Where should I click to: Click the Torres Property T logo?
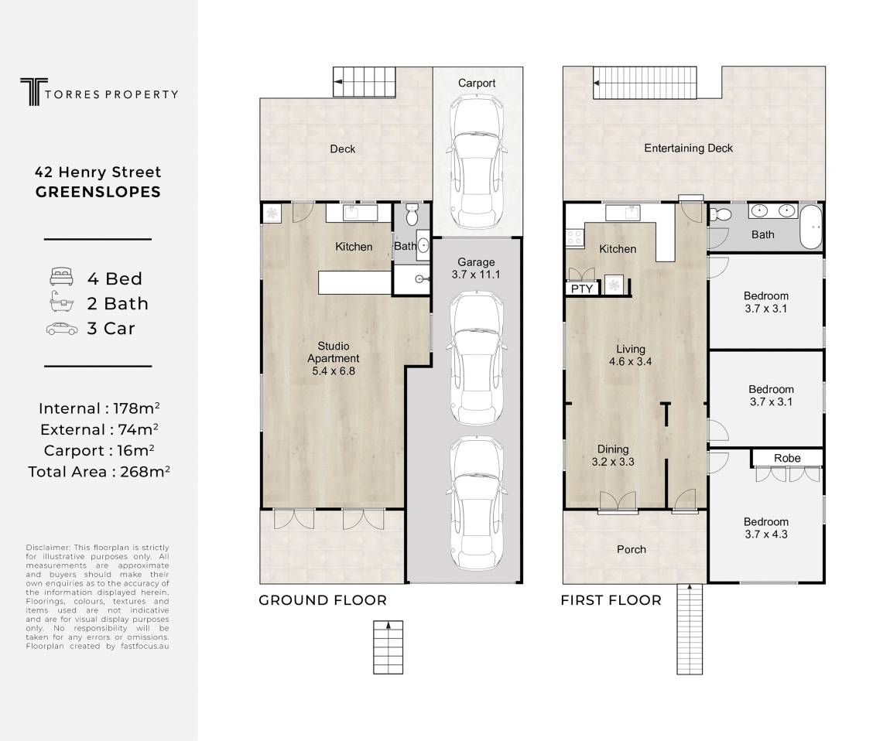click(x=33, y=92)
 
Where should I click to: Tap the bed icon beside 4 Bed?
click(x=61, y=276)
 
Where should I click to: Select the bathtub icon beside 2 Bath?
click(x=61, y=302)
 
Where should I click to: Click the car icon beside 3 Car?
click(x=62, y=329)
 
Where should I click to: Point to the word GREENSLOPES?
click(x=98, y=193)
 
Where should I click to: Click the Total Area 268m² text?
click(x=99, y=472)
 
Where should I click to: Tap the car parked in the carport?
click(x=477, y=161)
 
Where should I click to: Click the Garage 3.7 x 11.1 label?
click(x=476, y=268)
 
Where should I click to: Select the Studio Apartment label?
click(x=334, y=358)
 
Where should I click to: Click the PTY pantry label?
click(x=582, y=289)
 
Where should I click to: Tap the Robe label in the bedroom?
click(x=787, y=458)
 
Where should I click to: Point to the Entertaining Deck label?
click(x=689, y=148)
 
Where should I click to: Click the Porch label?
click(x=632, y=549)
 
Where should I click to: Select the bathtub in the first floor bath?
click(x=811, y=227)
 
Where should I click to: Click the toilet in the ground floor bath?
click(x=412, y=214)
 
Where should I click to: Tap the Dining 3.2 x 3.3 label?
click(x=613, y=456)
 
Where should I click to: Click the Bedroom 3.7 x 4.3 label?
click(x=766, y=528)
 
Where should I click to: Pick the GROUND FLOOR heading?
click(x=323, y=600)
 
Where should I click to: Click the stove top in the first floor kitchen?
click(x=574, y=237)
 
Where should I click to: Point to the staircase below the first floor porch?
click(x=690, y=629)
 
